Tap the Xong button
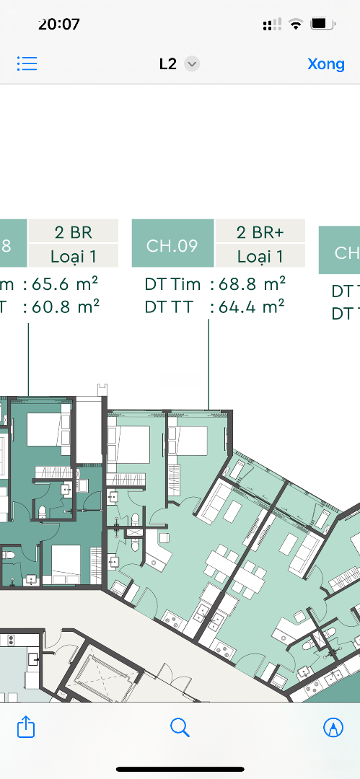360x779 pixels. (x=326, y=64)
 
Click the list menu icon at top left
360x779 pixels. (x=27, y=63)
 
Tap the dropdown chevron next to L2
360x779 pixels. (x=192, y=64)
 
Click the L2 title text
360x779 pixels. (x=168, y=64)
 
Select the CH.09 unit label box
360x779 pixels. (x=172, y=244)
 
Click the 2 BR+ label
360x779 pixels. (x=260, y=232)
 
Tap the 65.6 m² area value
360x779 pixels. (x=65, y=283)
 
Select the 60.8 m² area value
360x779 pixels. (x=65, y=306)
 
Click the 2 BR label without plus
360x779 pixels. (x=74, y=232)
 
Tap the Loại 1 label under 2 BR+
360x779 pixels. (x=260, y=256)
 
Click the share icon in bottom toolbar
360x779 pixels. (x=26, y=727)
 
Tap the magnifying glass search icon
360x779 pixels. (x=180, y=728)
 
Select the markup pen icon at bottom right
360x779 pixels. (x=333, y=728)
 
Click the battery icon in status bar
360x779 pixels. (x=322, y=23)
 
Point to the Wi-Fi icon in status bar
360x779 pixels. (x=296, y=24)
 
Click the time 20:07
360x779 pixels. (x=58, y=23)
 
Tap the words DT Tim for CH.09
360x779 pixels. (x=172, y=284)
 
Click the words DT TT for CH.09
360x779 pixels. (x=168, y=307)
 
